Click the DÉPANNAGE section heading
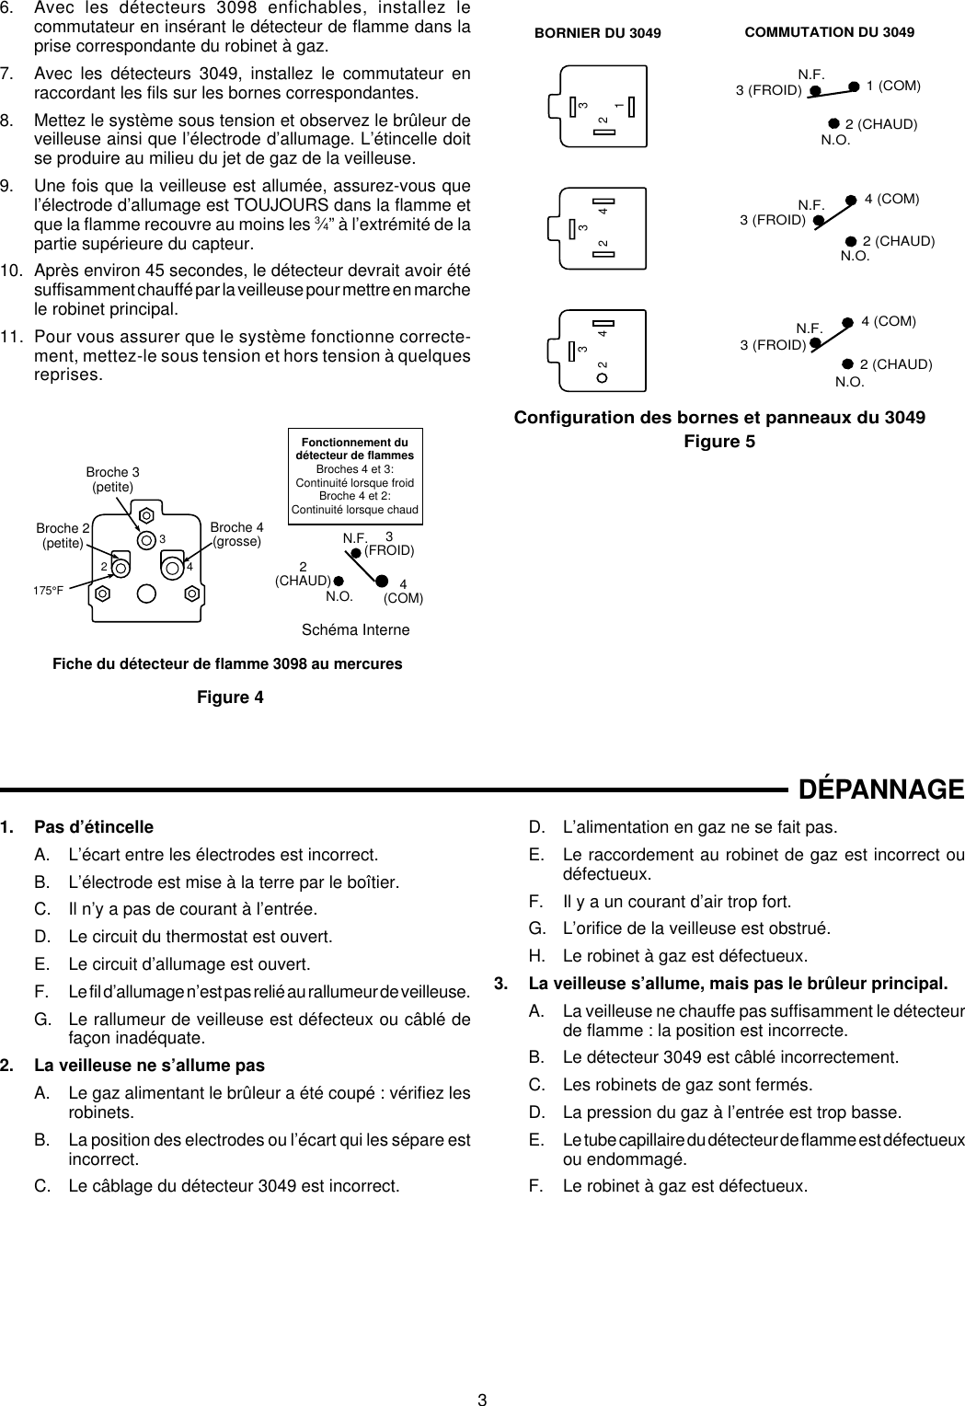click(880, 789)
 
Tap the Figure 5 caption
click(719, 442)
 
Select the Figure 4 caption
click(230, 697)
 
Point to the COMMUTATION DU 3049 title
click(829, 32)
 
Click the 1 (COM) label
click(893, 85)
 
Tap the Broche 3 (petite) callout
click(112, 478)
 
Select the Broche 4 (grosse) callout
click(236, 535)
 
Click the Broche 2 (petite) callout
click(63, 536)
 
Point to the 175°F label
click(49, 590)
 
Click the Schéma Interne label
click(355, 629)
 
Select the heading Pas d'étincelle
click(94, 826)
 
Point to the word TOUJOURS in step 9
click(277, 204)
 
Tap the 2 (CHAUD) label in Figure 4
click(303, 573)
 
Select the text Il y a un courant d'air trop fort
click(676, 901)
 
